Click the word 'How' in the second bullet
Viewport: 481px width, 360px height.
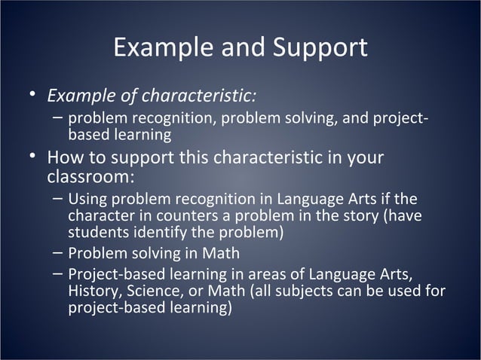coord(65,159)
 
